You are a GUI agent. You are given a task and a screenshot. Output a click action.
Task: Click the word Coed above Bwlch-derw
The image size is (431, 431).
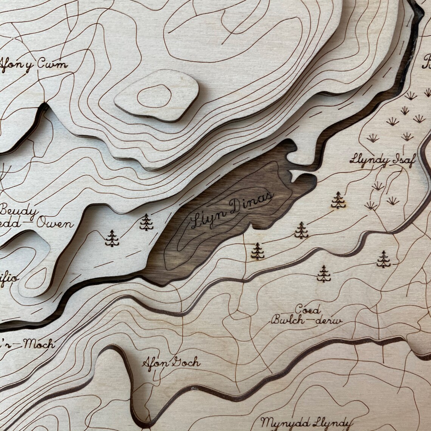click(x=307, y=309)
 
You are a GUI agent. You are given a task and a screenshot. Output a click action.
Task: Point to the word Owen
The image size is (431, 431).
click(x=55, y=223)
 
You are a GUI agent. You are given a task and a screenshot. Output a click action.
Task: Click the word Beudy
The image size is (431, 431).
click(x=18, y=211)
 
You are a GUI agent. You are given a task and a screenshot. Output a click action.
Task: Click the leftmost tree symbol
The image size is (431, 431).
click(x=112, y=238)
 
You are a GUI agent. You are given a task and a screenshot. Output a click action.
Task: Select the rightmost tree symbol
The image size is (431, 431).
click(x=383, y=259)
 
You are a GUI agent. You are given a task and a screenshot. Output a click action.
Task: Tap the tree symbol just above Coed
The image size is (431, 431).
click(x=323, y=274)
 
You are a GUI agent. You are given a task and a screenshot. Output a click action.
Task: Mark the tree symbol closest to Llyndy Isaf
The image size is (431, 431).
click(x=338, y=200)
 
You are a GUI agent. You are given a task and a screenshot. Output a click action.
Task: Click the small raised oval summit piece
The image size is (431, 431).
click(x=157, y=95)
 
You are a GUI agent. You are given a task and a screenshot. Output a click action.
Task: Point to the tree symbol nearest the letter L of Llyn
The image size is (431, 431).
click(x=146, y=222)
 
